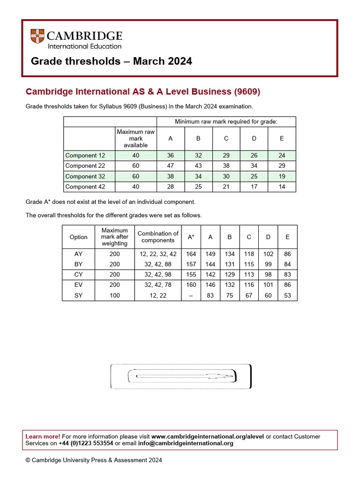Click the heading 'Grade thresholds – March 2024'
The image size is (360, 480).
(111, 61)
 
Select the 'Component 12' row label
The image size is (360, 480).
(85, 156)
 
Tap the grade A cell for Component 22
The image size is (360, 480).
(170, 166)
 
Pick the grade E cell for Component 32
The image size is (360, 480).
(282, 176)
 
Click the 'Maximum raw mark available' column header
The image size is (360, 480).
(135, 139)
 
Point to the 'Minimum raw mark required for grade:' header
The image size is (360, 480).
(226, 122)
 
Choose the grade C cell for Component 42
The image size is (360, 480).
(226, 187)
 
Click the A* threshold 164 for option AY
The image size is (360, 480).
(191, 254)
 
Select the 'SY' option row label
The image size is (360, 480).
(78, 295)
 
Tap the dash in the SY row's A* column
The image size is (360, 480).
(191, 295)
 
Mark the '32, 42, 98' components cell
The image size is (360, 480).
(158, 275)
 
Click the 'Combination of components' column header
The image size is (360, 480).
(158, 237)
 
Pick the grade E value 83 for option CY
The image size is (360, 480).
(287, 275)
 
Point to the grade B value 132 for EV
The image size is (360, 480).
(230, 285)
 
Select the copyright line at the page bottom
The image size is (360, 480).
(94, 460)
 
